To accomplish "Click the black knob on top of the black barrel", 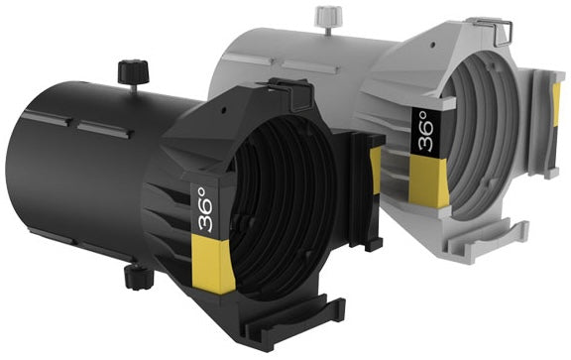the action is click(133, 72).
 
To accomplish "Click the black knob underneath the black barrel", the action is click(139, 277).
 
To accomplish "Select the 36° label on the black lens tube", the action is click(206, 210).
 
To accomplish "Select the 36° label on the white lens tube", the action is click(425, 131).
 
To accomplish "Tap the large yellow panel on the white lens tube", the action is click(428, 180).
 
